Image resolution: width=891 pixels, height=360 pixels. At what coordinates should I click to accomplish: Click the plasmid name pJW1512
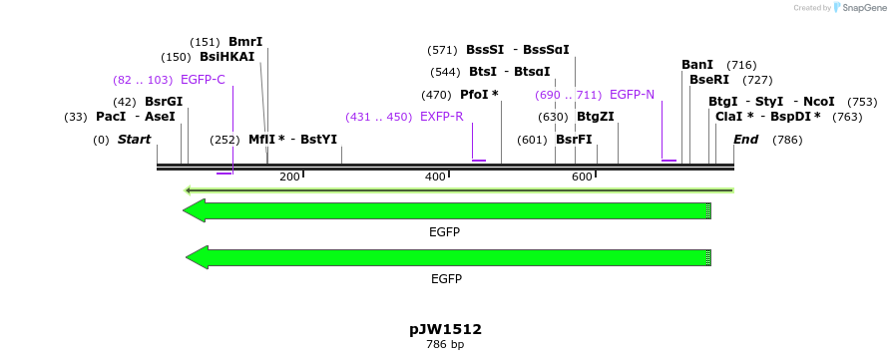pos(445,329)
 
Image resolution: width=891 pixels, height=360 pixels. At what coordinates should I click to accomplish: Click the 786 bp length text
pos(445,345)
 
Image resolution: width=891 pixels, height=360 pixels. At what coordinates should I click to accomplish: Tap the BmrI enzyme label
pos(245,42)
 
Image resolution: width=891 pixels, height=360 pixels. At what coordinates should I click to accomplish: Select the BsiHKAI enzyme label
pos(226,57)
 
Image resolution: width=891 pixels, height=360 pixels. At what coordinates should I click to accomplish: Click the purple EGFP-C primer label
pos(203,80)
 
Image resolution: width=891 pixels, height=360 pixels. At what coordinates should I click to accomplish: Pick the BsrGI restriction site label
pos(164,102)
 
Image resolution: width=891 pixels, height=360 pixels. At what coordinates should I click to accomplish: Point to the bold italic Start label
pos(134,140)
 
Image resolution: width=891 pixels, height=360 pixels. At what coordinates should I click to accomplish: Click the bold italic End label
pos(745,140)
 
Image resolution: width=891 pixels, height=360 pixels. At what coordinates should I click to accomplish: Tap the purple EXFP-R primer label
pos(442,117)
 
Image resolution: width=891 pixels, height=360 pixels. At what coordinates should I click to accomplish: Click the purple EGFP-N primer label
pos(632,95)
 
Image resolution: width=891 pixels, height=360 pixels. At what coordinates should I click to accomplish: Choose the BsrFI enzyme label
pos(574,140)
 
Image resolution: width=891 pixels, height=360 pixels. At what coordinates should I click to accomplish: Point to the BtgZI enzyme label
pos(595,117)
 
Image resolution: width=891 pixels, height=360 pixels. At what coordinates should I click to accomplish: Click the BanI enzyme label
pos(697,65)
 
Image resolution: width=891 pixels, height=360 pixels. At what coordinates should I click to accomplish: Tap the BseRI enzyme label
pos(708,80)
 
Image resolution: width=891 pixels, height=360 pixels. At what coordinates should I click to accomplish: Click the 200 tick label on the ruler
pos(289,178)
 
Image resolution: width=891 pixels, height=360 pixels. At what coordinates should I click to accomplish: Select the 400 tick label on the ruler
pos(435,178)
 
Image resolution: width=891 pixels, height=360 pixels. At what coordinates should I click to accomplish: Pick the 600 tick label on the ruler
pos(582,178)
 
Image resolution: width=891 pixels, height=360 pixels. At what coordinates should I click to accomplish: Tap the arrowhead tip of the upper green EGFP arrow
pos(186,210)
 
